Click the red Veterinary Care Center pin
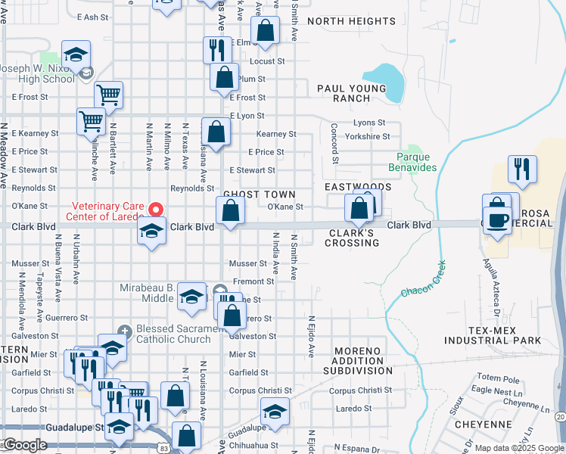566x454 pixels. coord(156,208)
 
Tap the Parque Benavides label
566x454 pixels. coord(413,161)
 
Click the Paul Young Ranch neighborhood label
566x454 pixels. coord(352,93)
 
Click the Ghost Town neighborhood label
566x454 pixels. coord(248,194)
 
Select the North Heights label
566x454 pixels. coord(351,21)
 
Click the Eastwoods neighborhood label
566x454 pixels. coord(358,186)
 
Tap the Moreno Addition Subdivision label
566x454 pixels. coord(358,365)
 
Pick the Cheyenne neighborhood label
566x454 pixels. coord(483,424)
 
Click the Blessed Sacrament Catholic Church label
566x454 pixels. coord(173,334)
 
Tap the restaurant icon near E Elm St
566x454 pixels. coord(217,49)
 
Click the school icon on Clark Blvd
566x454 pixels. coord(152,229)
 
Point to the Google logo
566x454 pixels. coord(24,445)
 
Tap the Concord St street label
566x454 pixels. coord(334,144)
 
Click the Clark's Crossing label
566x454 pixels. coord(351,238)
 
